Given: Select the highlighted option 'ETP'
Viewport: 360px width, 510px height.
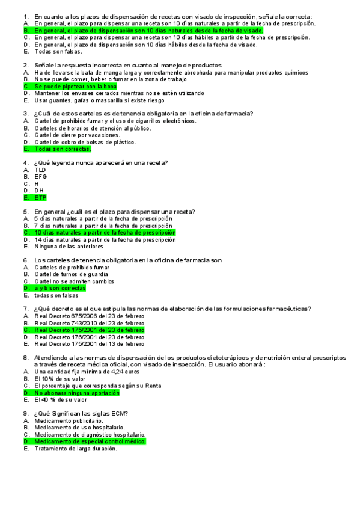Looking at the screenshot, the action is tap(40, 197).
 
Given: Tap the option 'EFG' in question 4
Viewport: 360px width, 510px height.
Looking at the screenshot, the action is tap(40, 177).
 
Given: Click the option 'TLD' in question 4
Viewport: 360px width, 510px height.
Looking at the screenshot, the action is tap(40, 170).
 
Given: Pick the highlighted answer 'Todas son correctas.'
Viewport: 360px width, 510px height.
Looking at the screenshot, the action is tap(63, 149).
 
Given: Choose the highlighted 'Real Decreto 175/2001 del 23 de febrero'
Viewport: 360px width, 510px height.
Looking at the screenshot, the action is tap(89, 330).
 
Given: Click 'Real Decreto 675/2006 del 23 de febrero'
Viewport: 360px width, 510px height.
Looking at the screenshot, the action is tap(89, 316).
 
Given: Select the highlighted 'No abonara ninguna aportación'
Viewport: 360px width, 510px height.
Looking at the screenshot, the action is tap(76, 393).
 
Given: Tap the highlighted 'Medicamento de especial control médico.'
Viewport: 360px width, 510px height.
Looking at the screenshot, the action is tap(90, 441).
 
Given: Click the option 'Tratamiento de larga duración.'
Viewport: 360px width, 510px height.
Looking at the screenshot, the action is tap(75, 449).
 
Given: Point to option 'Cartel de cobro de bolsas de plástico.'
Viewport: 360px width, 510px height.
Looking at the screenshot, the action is tap(85, 142).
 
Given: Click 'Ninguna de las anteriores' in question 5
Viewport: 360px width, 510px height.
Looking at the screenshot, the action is tap(69, 246).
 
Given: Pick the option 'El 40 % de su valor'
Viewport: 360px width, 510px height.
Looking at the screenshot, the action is tap(61, 399).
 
